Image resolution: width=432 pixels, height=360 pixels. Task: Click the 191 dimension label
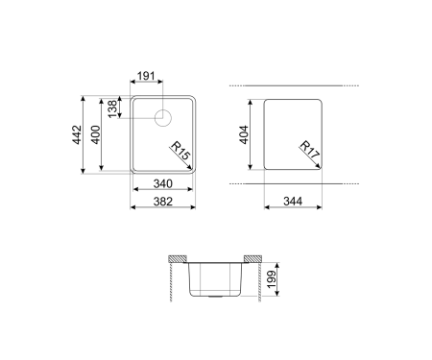click(x=146, y=76)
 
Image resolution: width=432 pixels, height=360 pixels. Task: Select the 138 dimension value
click(x=112, y=108)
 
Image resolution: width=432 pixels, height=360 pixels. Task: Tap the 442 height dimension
click(x=77, y=134)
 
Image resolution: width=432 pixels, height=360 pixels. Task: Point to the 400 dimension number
click(x=95, y=134)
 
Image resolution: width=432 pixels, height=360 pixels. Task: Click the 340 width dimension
click(x=163, y=183)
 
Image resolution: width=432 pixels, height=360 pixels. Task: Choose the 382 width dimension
click(x=163, y=202)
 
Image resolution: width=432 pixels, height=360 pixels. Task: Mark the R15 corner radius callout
click(x=180, y=151)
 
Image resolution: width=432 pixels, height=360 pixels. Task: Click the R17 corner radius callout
click(x=309, y=150)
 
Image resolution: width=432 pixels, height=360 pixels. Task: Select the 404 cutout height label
click(x=244, y=134)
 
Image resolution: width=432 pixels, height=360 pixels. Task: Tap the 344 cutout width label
click(x=293, y=202)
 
